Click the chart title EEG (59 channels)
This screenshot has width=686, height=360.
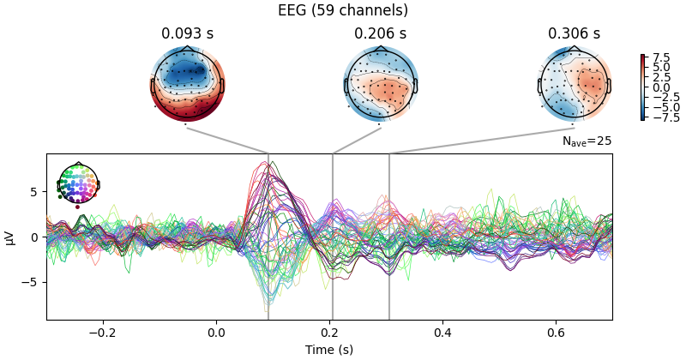343,11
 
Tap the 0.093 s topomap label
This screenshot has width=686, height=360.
186,33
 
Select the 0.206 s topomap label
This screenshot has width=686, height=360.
380,33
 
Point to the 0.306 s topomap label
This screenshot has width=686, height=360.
574,33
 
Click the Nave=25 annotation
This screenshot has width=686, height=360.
587,141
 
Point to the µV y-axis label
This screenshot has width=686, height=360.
10,237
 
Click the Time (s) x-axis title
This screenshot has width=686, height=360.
329,350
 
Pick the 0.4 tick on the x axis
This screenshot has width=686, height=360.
442,333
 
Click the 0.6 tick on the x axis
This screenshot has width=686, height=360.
556,333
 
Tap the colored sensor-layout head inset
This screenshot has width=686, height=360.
78,183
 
